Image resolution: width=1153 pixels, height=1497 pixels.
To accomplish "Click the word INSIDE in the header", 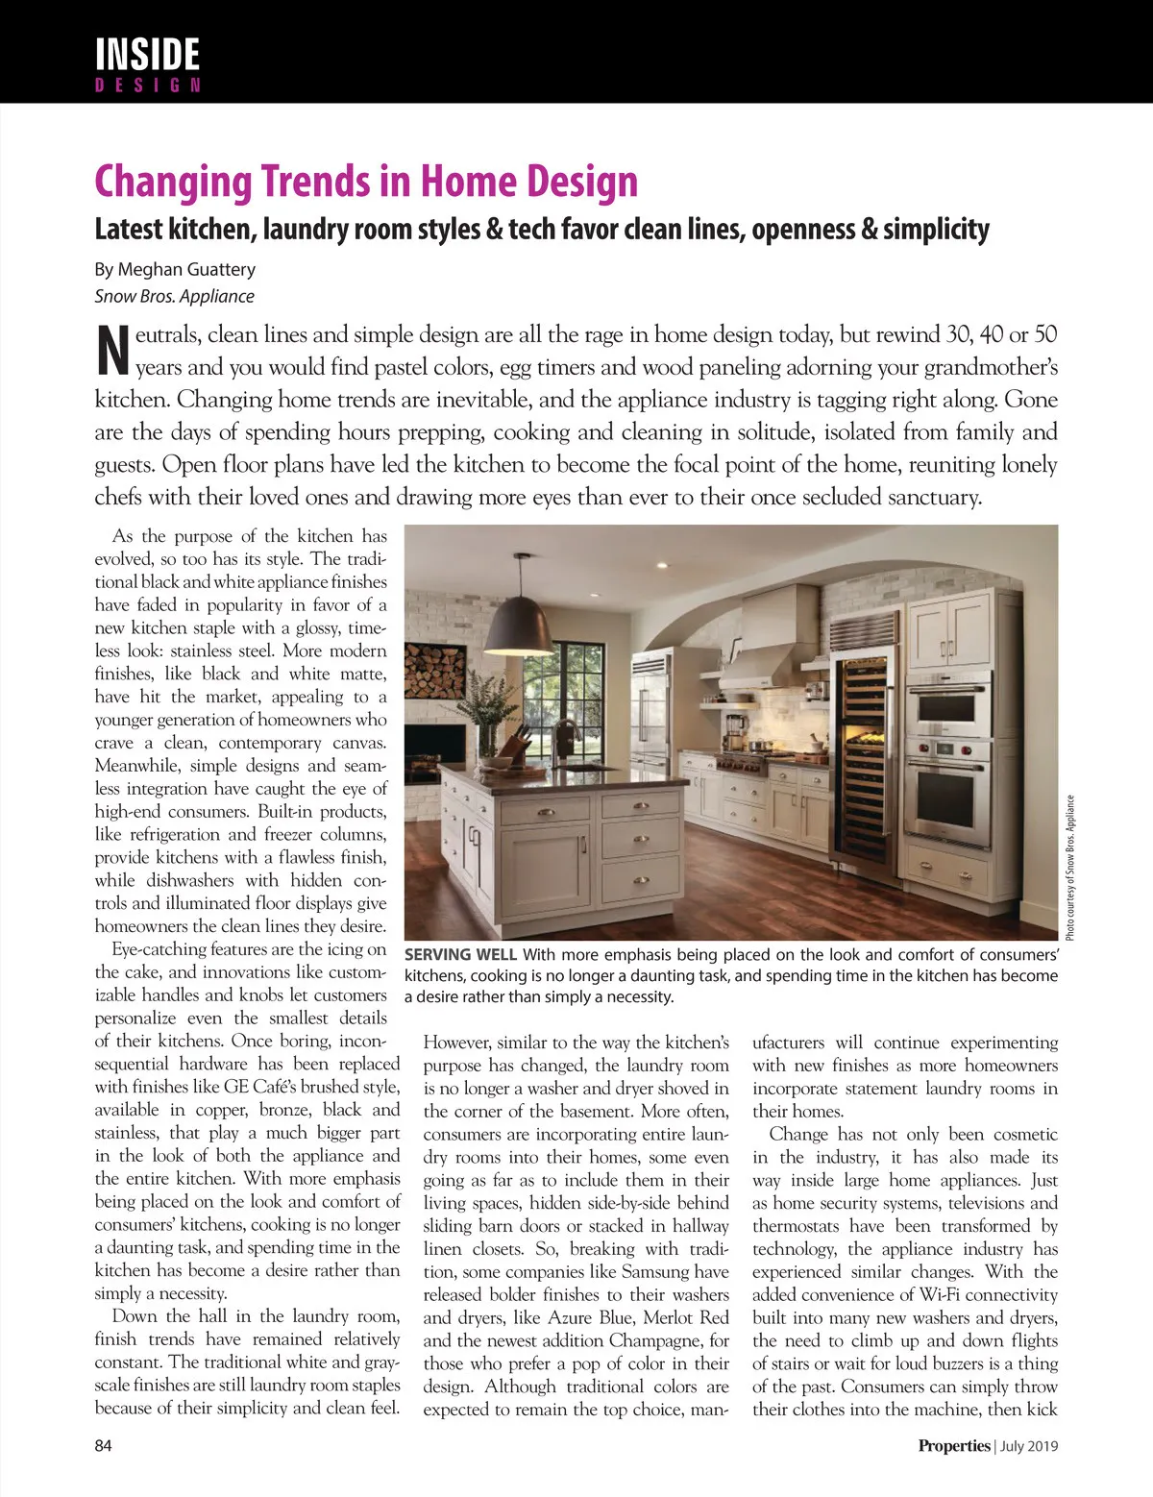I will coord(147,54).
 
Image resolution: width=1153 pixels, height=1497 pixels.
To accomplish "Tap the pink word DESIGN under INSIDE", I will coord(147,86).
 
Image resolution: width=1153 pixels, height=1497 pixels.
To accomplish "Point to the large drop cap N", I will coord(112,351).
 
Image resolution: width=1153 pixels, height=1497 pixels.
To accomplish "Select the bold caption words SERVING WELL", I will coord(460,955).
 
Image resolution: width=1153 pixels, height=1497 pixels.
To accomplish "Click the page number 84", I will coord(103,1445).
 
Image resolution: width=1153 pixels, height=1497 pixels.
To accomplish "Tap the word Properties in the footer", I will coord(953,1445).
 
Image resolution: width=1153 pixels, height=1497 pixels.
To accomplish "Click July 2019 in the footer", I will coord(1029,1446).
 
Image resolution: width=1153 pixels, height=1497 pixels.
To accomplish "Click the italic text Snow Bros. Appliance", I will coord(174,297).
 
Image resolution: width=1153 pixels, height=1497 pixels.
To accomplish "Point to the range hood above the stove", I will coord(759,663).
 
